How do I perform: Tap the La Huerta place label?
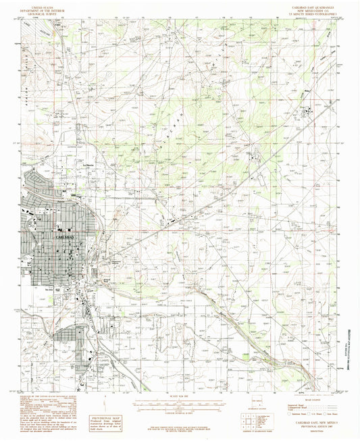[86, 164]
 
